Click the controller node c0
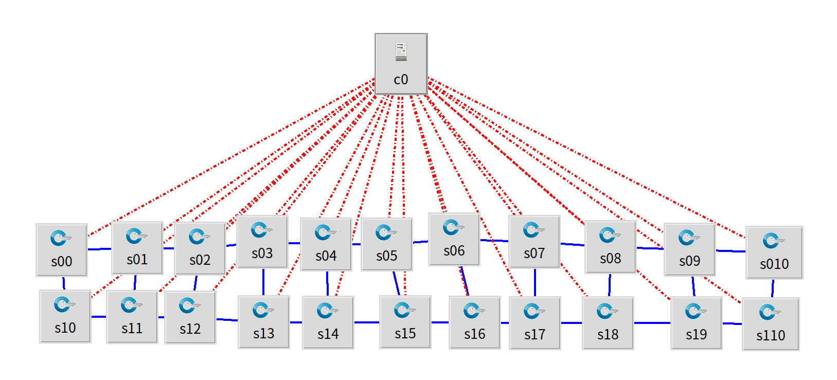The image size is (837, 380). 401,64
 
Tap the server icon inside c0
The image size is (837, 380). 401,52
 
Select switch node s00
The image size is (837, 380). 62,250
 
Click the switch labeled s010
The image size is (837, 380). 774,252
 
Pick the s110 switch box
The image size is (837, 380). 771,324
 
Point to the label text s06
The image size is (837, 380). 454,251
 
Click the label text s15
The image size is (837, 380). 405,333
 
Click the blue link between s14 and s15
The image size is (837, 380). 367,322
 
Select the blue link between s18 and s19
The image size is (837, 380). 652,323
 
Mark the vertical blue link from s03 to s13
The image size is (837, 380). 263,282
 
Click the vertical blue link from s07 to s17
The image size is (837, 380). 535,282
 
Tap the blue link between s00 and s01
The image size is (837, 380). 100,249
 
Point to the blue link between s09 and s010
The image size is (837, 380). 731,251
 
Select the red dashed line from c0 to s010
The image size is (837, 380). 586,157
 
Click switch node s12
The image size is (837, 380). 190,318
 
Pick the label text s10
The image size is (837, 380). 65,328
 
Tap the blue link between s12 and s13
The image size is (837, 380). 227,319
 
